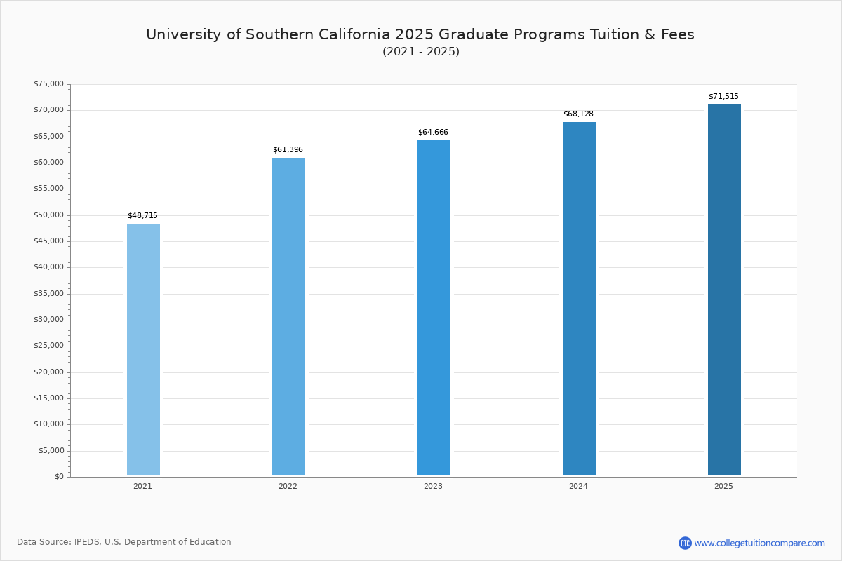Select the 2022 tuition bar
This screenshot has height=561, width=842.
(288, 316)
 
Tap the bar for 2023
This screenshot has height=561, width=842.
(434, 308)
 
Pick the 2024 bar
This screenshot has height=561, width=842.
(579, 299)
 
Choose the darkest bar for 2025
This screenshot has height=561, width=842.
(724, 290)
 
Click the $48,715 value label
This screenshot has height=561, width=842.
(142, 216)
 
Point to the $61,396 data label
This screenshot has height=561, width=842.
(288, 150)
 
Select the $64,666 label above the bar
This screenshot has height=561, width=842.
(433, 133)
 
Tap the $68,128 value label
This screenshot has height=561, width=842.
(578, 114)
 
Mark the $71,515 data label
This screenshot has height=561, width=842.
(723, 97)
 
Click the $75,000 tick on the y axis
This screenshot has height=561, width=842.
(48, 84)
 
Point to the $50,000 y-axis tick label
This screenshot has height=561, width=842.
(48, 215)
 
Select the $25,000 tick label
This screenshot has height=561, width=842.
(48, 346)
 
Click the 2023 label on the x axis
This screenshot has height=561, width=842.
(433, 487)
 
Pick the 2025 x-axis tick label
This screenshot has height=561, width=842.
(723, 487)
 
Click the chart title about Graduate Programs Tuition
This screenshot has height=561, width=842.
(420, 34)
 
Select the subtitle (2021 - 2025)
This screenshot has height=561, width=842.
(421, 52)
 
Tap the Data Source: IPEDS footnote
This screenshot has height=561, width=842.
(124, 542)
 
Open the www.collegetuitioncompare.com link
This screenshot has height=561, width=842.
(759, 543)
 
